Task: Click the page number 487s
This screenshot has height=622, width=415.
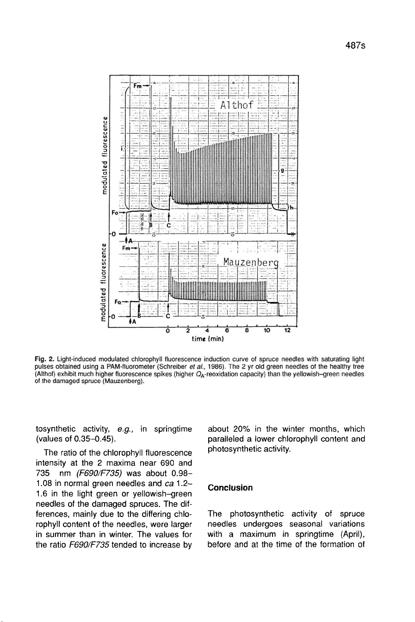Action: (355, 46)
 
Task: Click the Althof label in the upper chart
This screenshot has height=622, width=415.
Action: (237, 105)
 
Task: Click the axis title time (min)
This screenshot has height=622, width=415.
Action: (208, 339)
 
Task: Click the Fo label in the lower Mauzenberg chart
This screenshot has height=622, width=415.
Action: (118, 302)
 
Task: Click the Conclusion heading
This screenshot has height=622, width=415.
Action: (230, 488)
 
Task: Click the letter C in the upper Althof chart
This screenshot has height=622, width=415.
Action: (169, 225)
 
